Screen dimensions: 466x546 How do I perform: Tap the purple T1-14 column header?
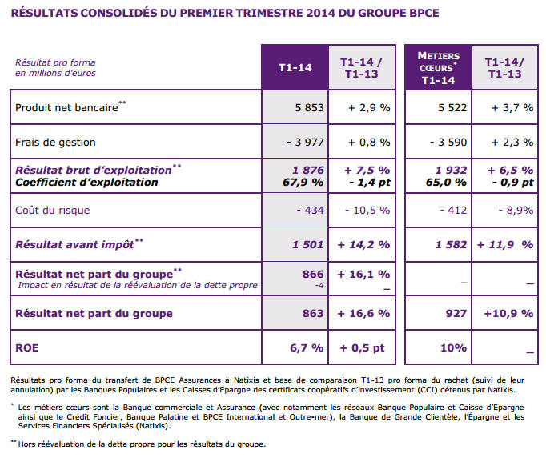(295, 68)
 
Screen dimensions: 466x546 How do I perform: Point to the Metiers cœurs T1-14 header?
(439, 68)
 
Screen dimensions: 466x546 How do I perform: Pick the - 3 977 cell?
(305, 143)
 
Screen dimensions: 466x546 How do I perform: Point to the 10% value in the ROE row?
(452, 347)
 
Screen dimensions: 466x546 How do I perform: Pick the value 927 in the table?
(456, 313)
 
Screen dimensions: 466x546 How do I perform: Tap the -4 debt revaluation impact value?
(319, 285)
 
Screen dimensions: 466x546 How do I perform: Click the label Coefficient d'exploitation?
(86, 182)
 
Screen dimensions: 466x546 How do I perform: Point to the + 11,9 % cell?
(505, 243)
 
